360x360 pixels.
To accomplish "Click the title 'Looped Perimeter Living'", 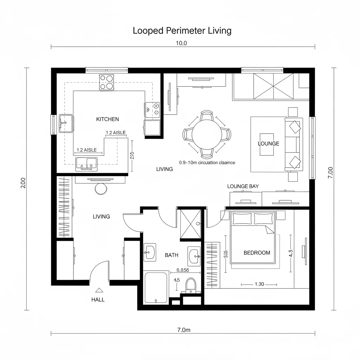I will pyautogui.click(x=182, y=31).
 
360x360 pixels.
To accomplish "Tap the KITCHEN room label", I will pyautogui.click(x=107, y=119).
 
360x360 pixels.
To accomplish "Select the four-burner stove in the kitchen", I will pyautogui.click(x=107, y=82).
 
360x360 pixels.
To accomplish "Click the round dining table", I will pyautogui.click(x=206, y=134).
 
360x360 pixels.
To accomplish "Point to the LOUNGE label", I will pyautogui.click(x=268, y=143).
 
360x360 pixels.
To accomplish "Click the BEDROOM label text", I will pyautogui.click(x=257, y=252).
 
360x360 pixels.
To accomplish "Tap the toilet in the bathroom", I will pyautogui.click(x=191, y=284).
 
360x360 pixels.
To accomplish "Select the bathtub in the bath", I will pyautogui.click(x=156, y=288).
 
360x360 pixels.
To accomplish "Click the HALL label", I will pyautogui.click(x=98, y=300).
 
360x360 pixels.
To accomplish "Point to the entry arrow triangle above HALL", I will pyautogui.click(x=99, y=290).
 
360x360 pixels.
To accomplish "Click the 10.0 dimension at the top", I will pyautogui.click(x=181, y=43).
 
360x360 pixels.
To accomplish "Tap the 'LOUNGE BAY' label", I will pyautogui.click(x=243, y=186).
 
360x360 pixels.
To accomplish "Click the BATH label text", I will pyautogui.click(x=172, y=255).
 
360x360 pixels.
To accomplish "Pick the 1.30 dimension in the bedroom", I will pyautogui.click(x=259, y=284).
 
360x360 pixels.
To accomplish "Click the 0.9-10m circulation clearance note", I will pyautogui.click(x=207, y=163).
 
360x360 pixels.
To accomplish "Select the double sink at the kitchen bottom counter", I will pyautogui.click(x=86, y=163).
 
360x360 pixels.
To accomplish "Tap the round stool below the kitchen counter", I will pyautogui.click(x=101, y=189).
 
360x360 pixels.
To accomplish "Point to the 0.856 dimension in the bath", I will pyautogui.click(x=182, y=270).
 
